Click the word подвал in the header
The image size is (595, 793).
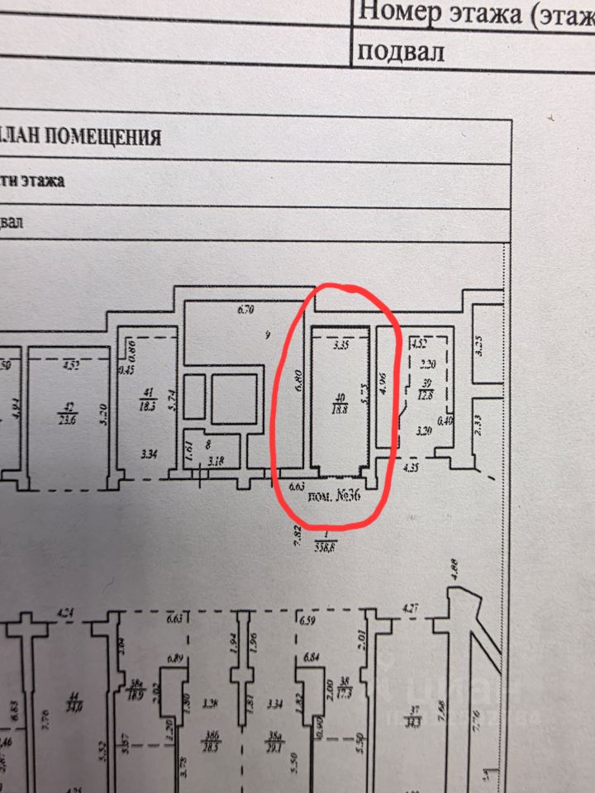pyautogui.click(x=401, y=51)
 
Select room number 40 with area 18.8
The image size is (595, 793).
pyautogui.click(x=337, y=401)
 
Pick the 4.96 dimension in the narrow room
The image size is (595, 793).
pyautogui.click(x=381, y=385)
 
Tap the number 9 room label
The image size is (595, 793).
pyautogui.click(x=267, y=335)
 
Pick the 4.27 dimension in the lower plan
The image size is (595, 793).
pyautogui.click(x=411, y=610)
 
